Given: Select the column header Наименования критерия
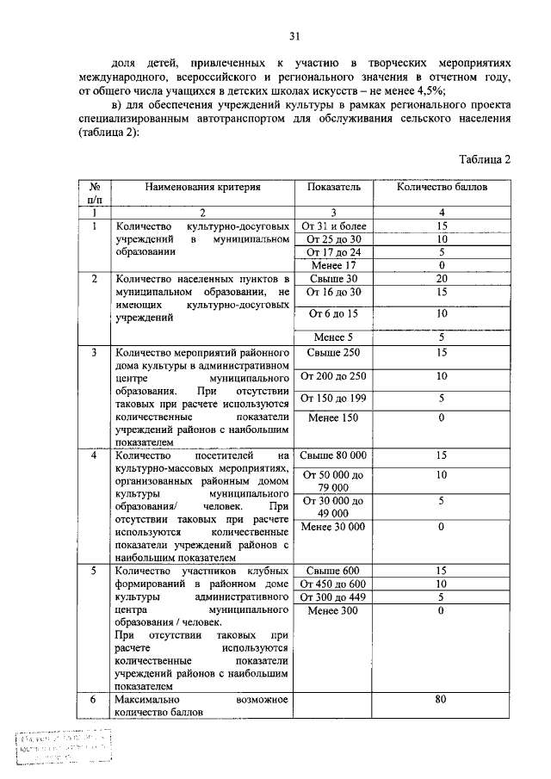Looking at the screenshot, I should tap(202, 186).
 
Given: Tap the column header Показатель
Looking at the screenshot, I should tap(332, 186).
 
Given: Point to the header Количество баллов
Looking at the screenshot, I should tap(441, 186).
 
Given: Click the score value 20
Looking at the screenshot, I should tap(441, 279).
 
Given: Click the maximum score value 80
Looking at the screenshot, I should tap(441, 701).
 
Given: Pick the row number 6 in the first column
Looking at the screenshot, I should tap(93, 701).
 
